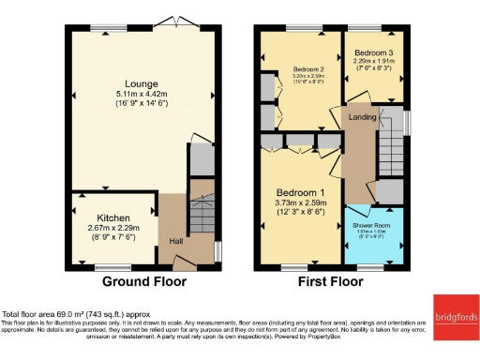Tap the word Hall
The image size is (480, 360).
tap(175, 241)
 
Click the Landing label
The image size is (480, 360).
tap(363, 117)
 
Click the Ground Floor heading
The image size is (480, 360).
tap(143, 281)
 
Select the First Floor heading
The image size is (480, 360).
tap(330, 281)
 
